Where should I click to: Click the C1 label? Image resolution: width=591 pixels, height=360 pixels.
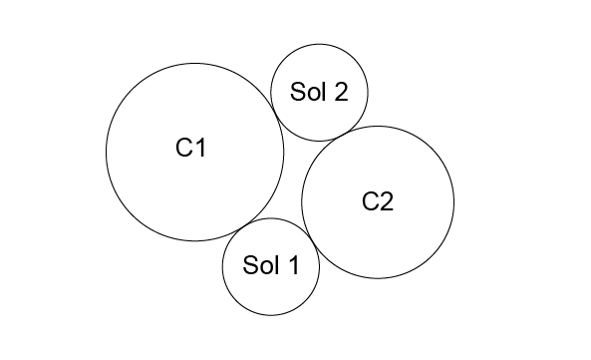click(x=191, y=147)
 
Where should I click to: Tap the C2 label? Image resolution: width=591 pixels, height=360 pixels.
click(x=378, y=201)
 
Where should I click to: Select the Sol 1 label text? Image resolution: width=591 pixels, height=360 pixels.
click(x=271, y=264)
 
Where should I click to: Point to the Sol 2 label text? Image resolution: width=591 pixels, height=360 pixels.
click(x=319, y=91)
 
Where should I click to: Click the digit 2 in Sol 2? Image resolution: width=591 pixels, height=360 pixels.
click(x=341, y=91)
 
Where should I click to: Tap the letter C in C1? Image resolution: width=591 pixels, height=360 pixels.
click(x=184, y=147)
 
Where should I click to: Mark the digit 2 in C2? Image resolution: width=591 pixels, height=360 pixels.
click(x=387, y=201)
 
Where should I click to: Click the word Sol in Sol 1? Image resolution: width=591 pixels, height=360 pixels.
click(x=261, y=264)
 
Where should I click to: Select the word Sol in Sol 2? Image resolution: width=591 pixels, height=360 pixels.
click(x=308, y=91)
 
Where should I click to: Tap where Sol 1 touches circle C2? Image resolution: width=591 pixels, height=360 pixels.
click(x=311, y=237)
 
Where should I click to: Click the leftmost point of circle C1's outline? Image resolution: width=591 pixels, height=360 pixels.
click(x=106, y=152)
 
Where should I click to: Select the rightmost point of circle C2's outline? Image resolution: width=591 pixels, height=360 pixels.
click(x=454, y=202)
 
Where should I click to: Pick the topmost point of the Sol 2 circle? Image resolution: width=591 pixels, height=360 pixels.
click(x=319, y=44)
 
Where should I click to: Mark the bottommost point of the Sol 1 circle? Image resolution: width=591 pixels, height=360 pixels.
click(x=271, y=315)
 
